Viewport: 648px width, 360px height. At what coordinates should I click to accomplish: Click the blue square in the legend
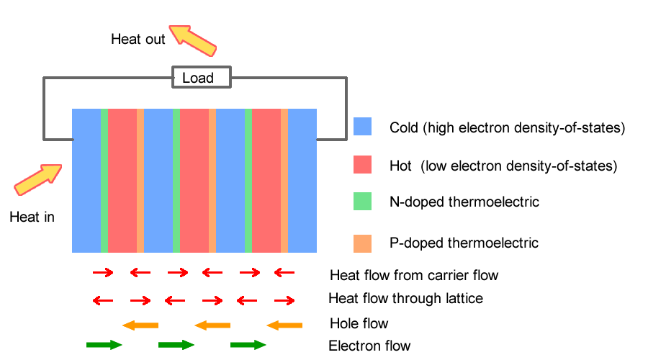(x=362, y=126)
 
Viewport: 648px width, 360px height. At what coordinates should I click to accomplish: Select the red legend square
(x=362, y=165)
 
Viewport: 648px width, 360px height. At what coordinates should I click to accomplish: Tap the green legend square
(x=362, y=201)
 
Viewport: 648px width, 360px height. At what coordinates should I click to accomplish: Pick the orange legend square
(x=362, y=243)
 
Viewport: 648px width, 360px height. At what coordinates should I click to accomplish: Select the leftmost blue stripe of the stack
(x=86, y=181)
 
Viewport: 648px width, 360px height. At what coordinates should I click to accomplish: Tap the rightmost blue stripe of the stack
(x=302, y=181)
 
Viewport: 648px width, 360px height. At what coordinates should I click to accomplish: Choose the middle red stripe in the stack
(x=194, y=181)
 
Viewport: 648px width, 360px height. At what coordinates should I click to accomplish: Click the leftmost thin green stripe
(x=104, y=181)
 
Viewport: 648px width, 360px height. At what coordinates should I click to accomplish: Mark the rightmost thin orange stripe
(x=284, y=181)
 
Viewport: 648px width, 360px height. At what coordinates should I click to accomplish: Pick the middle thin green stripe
(x=176, y=181)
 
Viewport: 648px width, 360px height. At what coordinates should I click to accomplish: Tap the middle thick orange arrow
(x=212, y=325)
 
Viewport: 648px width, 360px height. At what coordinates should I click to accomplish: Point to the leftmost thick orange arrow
(x=140, y=325)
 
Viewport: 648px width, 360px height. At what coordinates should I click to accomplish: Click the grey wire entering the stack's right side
(x=332, y=138)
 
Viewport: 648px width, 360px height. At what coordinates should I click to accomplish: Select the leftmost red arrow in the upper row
(x=103, y=272)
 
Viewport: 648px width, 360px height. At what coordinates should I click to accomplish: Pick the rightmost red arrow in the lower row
(x=284, y=300)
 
